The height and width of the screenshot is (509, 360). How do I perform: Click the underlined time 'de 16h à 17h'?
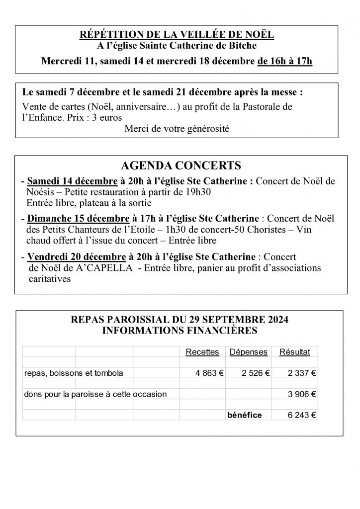284,62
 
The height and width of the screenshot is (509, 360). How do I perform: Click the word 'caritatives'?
50,279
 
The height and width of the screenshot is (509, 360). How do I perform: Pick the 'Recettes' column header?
202,352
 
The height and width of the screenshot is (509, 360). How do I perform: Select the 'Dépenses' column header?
248,352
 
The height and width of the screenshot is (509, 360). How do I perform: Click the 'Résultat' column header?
295,352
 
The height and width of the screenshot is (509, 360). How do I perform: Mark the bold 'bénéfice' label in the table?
244,415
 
